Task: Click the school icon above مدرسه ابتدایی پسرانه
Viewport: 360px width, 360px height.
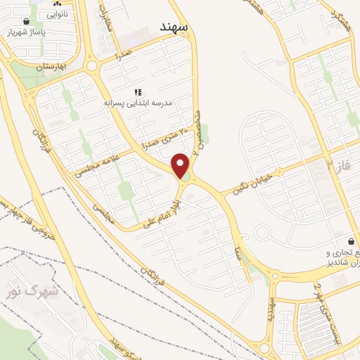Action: [139, 92]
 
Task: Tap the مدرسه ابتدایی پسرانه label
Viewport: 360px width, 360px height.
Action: [139, 103]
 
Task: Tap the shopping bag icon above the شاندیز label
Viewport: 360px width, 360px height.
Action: [350, 241]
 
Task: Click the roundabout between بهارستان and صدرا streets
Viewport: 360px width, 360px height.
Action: [93, 67]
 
